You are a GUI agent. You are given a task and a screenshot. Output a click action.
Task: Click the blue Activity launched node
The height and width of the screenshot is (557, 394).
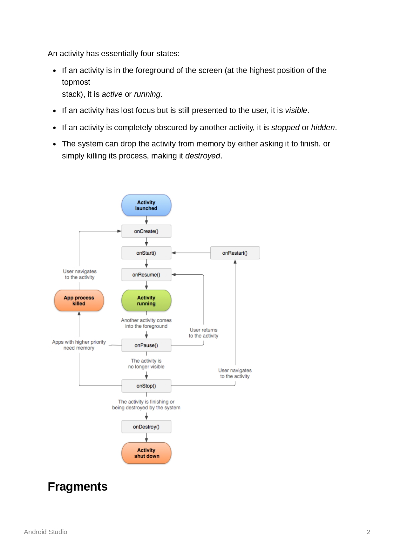coord(146,205)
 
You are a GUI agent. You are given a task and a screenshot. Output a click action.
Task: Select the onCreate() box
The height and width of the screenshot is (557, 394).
coord(146,231)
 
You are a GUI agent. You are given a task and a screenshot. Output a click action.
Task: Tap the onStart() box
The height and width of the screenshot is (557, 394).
coord(146,253)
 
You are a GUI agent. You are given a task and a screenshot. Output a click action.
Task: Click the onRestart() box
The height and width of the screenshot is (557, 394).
coord(235,253)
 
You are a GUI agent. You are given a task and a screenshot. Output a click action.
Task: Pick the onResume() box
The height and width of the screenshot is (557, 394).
coord(146,275)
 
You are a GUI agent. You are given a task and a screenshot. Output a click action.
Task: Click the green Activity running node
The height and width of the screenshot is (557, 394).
coord(146,300)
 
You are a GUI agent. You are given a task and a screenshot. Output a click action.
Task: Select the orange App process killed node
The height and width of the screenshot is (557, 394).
coord(79,300)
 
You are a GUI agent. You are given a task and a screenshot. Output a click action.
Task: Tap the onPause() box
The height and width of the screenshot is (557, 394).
coord(146,345)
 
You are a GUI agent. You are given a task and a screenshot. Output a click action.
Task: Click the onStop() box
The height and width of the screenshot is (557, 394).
coord(146,386)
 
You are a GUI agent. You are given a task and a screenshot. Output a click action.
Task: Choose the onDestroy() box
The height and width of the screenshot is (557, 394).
coord(146,427)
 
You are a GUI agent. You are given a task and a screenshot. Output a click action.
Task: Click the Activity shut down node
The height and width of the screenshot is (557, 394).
coord(146,453)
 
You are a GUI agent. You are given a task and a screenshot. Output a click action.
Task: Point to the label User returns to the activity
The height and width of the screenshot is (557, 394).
coord(203,333)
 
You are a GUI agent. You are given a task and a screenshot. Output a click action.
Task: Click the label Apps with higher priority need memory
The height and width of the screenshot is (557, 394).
coord(79,345)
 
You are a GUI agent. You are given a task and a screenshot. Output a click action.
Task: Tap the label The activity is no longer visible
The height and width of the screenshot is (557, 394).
coord(146,364)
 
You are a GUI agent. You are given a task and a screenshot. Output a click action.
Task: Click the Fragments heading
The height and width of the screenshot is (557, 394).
coord(78,487)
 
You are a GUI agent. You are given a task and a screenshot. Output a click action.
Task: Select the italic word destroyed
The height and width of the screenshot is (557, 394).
coord(202,156)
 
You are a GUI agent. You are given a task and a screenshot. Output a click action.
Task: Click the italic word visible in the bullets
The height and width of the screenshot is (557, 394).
coord(296,111)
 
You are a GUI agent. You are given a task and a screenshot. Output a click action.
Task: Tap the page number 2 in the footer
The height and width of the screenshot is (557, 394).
coord(368,532)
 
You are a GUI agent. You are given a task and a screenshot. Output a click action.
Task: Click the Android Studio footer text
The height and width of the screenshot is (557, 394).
coord(45,532)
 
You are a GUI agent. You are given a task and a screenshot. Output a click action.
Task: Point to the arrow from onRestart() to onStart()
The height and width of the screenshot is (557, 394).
coord(191,253)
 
